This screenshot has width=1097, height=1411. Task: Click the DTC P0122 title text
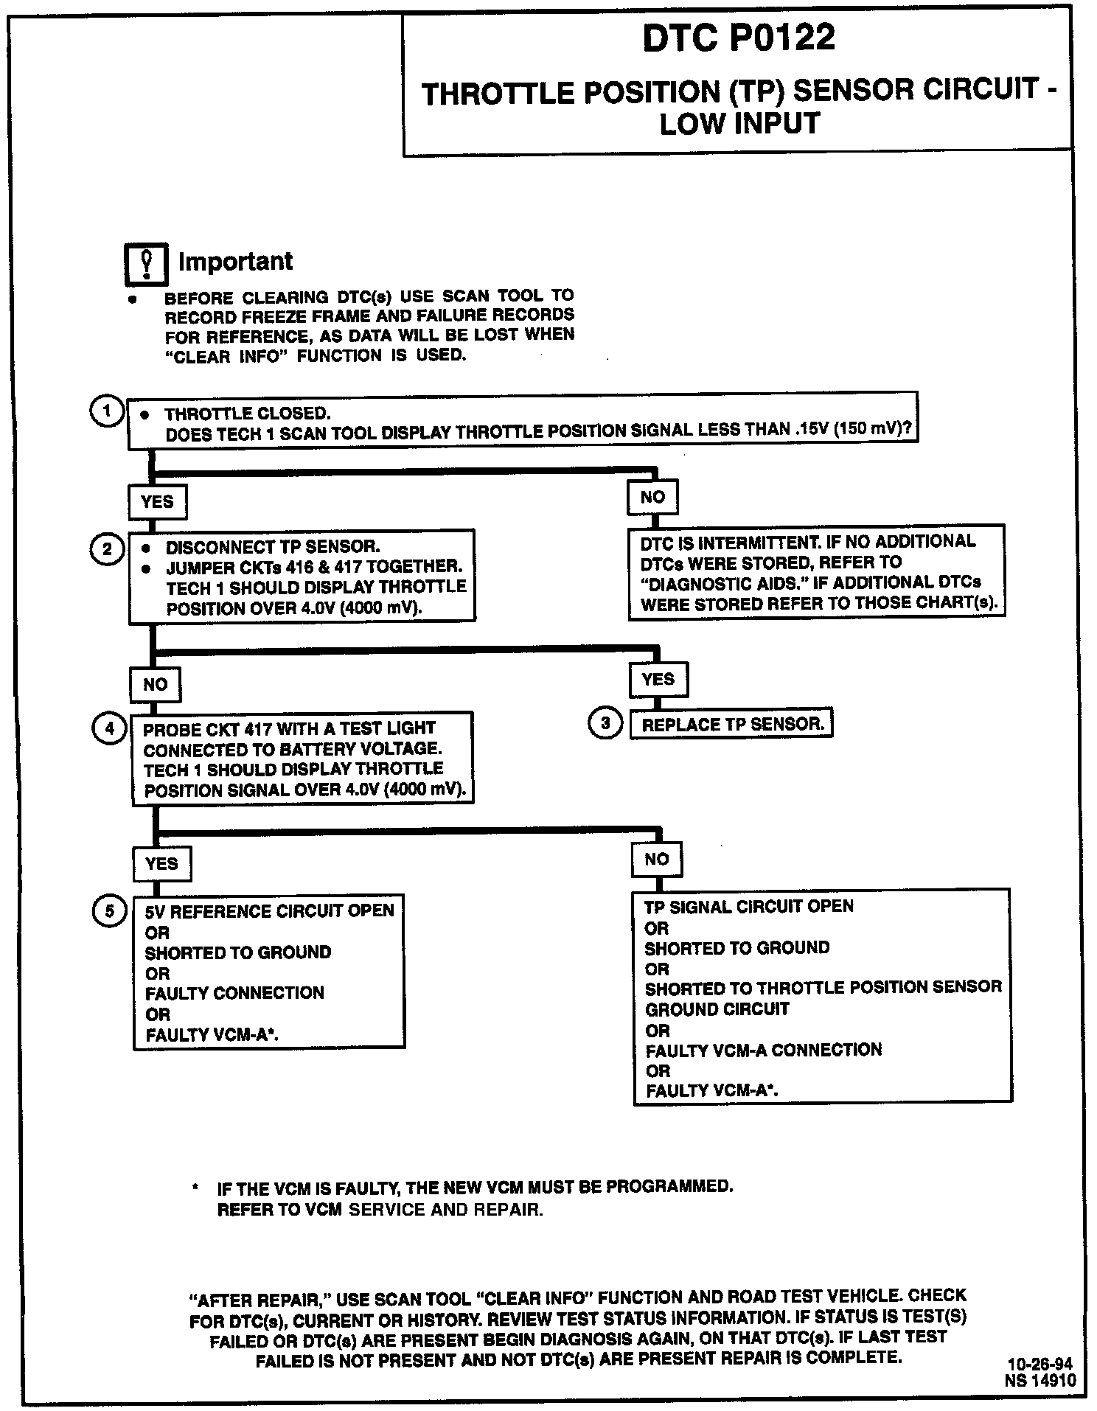click(739, 37)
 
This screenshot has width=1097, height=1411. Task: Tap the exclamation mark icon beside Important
click(146, 264)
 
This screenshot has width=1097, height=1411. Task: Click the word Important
click(235, 262)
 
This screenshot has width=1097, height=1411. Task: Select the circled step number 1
click(107, 411)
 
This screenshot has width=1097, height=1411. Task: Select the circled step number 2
click(107, 550)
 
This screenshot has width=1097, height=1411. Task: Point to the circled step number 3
click(605, 723)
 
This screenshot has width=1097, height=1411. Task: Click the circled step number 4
click(109, 729)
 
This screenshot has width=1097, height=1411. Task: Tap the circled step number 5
click(110, 911)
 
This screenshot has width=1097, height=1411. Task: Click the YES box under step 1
click(157, 502)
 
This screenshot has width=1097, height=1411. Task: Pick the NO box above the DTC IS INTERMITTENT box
click(652, 498)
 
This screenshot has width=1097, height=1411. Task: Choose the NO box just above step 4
click(155, 685)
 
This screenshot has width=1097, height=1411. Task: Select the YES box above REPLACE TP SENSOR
click(658, 680)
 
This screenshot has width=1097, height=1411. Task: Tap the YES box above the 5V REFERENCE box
click(161, 864)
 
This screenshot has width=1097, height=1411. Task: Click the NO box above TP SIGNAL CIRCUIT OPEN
click(656, 860)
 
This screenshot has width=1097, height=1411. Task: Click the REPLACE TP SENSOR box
click(731, 724)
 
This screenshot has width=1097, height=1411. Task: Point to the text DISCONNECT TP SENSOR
click(272, 547)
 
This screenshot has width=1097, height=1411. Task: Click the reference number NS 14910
click(1039, 1380)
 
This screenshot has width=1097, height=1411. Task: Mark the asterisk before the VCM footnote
click(195, 1188)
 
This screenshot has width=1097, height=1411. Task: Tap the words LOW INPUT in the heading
click(739, 124)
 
